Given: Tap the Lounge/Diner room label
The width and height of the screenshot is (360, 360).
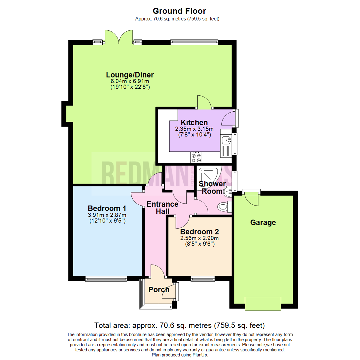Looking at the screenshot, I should click(130, 75).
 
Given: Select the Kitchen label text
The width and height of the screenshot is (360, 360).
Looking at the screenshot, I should click(194, 122).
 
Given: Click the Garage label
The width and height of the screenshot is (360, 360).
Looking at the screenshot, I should click(263, 222).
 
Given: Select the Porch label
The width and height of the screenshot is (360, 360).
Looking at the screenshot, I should click(159, 290).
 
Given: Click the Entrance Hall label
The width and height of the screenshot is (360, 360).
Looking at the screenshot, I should click(163, 208).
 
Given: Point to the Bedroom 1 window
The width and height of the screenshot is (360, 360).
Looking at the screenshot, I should click(106, 278).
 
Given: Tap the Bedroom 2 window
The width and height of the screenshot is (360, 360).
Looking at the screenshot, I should click(202, 278).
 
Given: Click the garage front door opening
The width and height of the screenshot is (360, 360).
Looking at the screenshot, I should click(263, 303).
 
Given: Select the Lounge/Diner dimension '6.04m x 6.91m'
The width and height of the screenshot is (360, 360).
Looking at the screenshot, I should click(130, 81).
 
